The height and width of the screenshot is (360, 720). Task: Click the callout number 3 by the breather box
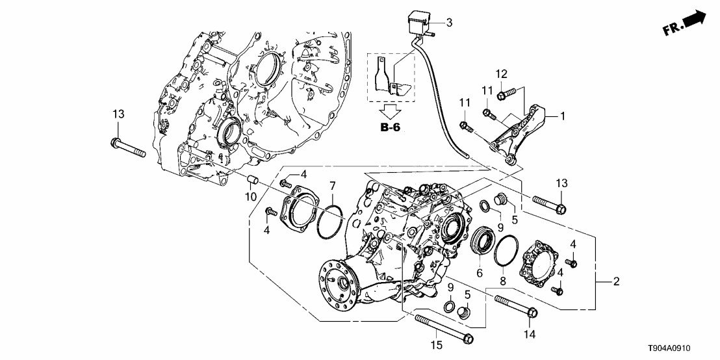point(448,23)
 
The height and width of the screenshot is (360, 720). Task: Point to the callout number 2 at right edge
point(615,281)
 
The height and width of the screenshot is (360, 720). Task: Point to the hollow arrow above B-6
point(391,110)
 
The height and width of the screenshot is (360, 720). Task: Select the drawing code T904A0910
point(683,348)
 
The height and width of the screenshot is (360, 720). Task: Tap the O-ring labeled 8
point(506,251)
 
